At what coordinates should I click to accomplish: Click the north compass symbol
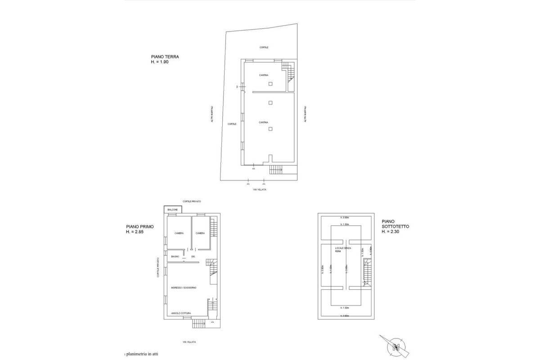coord(396,347)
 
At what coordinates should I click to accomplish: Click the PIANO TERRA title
coord(165,57)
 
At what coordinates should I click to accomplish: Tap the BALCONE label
coord(173,210)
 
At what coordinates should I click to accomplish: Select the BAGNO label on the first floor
coord(175,256)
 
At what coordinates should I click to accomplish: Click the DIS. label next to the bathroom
coord(193,256)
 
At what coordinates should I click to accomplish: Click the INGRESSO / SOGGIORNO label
coord(183,288)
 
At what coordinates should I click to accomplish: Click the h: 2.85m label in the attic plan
coord(346,269)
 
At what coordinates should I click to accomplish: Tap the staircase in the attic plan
coord(368,273)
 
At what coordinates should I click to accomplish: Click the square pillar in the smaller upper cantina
coord(270,84)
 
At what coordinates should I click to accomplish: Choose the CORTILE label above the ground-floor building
coord(264,47)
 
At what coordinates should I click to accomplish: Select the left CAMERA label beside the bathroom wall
coord(179,233)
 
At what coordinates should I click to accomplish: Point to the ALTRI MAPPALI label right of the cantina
coord(305,114)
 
